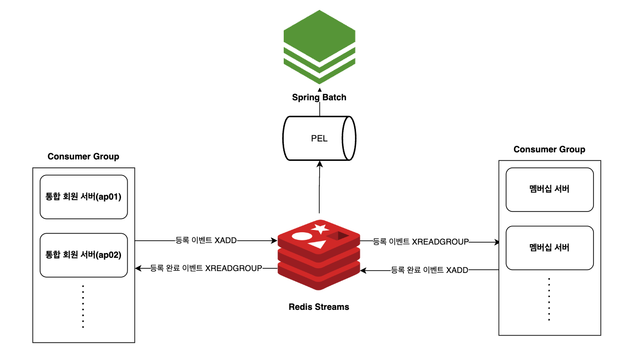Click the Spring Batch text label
(x=319, y=97)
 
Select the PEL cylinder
(x=319, y=138)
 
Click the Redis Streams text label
(x=319, y=307)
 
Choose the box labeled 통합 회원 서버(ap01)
(x=84, y=197)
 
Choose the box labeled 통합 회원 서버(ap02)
(x=84, y=255)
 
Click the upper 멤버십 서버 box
(x=549, y=189)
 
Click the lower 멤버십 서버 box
(x=549, y=247)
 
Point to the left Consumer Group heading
(x=83, y=156)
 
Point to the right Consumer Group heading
(x=549, y=149)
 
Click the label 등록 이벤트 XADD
(x=206, y=240)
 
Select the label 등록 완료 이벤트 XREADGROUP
(x=206, y=268)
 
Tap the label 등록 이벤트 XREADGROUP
(x=421, y=242)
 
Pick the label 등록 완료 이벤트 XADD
(x=429, y=270)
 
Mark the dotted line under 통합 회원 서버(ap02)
(x=83, y=306)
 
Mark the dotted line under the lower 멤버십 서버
(x=549, y=299)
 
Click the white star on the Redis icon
(x=320, y=229)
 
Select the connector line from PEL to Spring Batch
(x=320, y=106)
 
